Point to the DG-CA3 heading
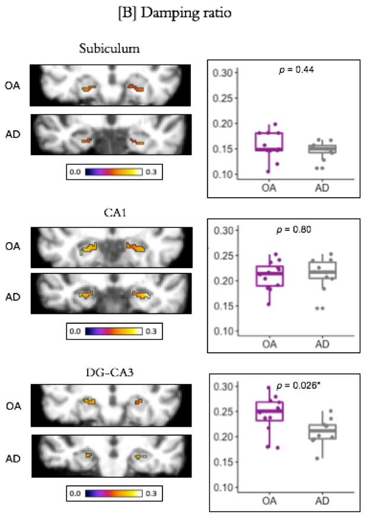pyautogui.click(x=112, y=371)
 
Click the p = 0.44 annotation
pyautogui.click(x=296, y=70)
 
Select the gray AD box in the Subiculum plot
pyautogui.click(x=325, y=149)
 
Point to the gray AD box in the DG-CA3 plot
pyautogui.click(x=325, y=432)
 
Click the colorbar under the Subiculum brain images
pyautogui.click(x=113, y=172)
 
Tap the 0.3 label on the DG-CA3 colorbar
pyautogui.click(x=152, y=492)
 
